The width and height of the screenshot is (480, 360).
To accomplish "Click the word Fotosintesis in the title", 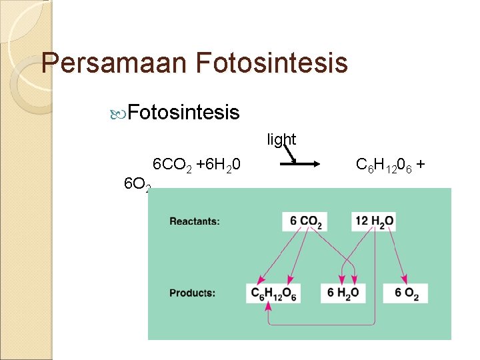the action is click(272, 63).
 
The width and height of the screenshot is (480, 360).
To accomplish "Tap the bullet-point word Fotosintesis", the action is click(183, 113).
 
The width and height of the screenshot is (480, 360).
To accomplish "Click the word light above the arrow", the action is click(281, 139).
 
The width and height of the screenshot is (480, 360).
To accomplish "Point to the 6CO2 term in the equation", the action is click(172, 165).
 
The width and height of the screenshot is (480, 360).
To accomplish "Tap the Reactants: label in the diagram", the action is click(195, 221).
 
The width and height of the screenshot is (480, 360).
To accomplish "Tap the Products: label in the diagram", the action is click(192, 293).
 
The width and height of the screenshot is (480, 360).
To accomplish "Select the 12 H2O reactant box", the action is click(373, 221).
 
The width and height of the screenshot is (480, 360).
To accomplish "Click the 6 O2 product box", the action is click(406, 293).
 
